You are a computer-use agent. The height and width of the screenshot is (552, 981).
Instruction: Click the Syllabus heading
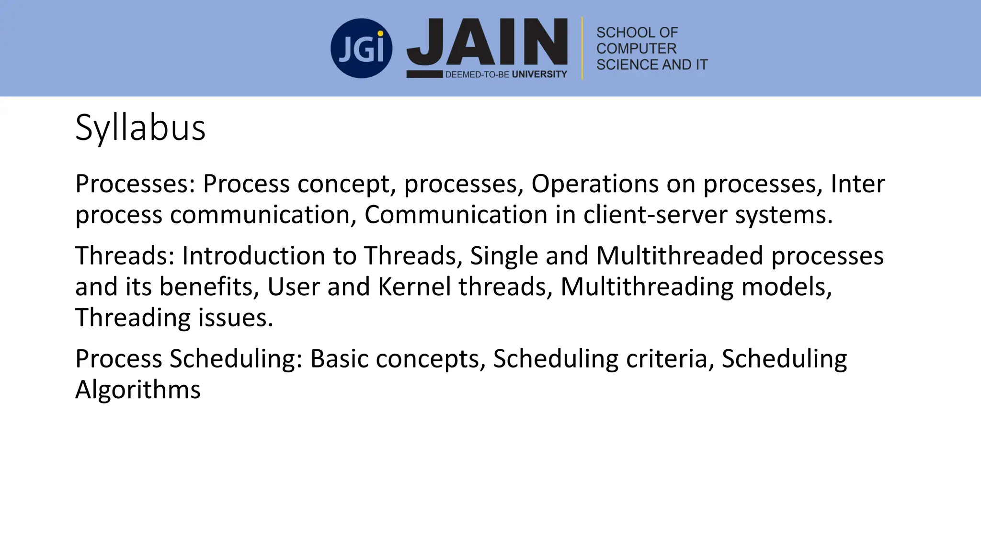click(140, 128)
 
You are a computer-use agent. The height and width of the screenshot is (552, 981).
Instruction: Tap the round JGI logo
click(361, 48)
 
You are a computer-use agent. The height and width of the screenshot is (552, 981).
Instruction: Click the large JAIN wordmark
click(487, 42)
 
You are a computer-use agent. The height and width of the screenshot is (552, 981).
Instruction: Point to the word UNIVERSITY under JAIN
click(539, 74)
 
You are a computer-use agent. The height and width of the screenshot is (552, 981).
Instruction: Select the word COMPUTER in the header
click(636, 48)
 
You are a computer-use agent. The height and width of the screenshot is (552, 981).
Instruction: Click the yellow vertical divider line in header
click(582, 48)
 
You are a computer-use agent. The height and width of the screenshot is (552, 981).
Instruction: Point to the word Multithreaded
click(679, 255)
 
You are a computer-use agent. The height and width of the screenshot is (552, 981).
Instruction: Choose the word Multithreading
click(647, 287)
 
